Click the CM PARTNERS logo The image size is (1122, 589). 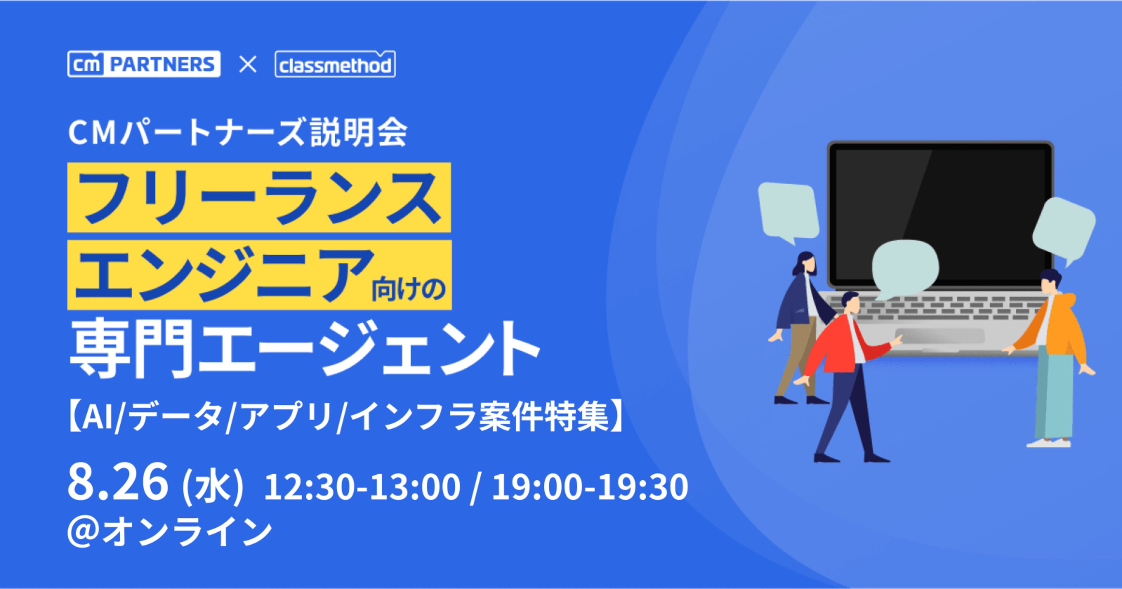coord(144,64)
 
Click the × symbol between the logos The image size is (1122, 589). coord(248,65)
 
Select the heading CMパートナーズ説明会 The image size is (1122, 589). coord(238,132)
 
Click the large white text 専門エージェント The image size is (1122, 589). coord(305,349)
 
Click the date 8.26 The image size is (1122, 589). coord(117,482)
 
